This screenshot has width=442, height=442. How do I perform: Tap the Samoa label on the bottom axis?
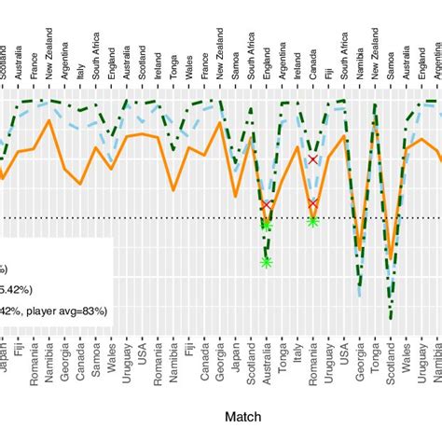[x=96, y=359]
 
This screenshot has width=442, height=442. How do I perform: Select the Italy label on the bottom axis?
[x=297, y=357]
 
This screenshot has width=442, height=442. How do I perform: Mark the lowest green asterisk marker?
[x=266, y=262]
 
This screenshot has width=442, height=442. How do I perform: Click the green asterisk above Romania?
[x=312, y=221]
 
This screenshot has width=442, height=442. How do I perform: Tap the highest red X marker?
[x=312, y=160]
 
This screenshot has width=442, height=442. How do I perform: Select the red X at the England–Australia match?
[x=266, y=204]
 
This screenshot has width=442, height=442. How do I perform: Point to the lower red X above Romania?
[x=312, y=203]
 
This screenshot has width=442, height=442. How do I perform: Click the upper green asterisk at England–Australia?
[x=266, y=224]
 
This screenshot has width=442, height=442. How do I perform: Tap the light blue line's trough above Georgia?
[x=360, y=296]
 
